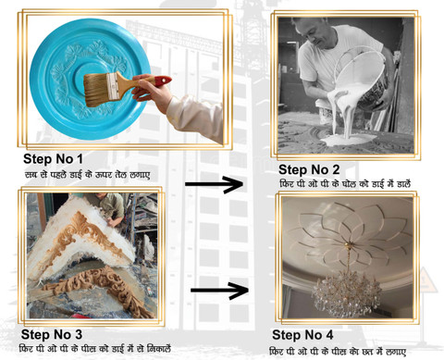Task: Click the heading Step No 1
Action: tap(53, 159)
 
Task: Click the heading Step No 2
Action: tap(309, 169)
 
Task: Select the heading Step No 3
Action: tap(52, 334)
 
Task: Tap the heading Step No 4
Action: tap(302, 335)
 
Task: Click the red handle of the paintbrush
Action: tap(163, 81)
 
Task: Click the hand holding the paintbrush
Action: tap(151, 92)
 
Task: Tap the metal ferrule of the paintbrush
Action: tap(112, 86)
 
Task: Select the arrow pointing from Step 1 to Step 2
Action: tap(214, 184)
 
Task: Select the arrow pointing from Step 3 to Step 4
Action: tap(219, 291)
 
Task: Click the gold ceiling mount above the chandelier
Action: tap(348, 245)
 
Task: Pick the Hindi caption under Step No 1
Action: tap(87, 175)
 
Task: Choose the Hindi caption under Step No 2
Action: tap(345, 184)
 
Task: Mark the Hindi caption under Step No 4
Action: tap(338, 352)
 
